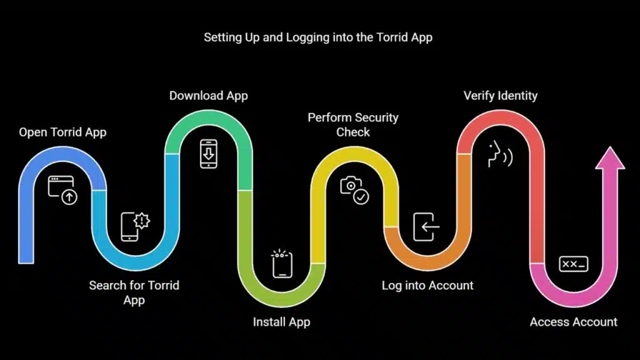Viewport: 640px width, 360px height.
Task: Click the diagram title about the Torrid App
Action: coord(318,37)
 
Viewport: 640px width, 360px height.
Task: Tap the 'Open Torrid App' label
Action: coord(62,132)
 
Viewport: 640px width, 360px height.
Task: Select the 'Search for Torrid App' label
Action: coord(134,292)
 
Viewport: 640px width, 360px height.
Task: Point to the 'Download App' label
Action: coord(209,96)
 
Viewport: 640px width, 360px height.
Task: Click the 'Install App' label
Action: coord(281,322)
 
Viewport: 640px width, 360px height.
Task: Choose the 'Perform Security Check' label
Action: coord(353,124)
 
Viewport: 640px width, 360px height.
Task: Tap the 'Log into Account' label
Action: coord(427,286)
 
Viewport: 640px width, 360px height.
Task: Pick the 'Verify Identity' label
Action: coord(500,96)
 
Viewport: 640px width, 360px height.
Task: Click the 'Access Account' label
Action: coord(573,322)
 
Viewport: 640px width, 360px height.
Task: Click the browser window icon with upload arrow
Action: coord(62,191)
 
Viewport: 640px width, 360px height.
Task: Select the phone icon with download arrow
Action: coord(208,154)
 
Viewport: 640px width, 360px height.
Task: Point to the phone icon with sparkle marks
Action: coord(281,264)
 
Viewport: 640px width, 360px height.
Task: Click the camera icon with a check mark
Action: coord(354,191)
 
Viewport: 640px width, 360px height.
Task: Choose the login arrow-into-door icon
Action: coord(427,227)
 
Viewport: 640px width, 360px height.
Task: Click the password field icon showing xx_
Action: coord(573,264)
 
